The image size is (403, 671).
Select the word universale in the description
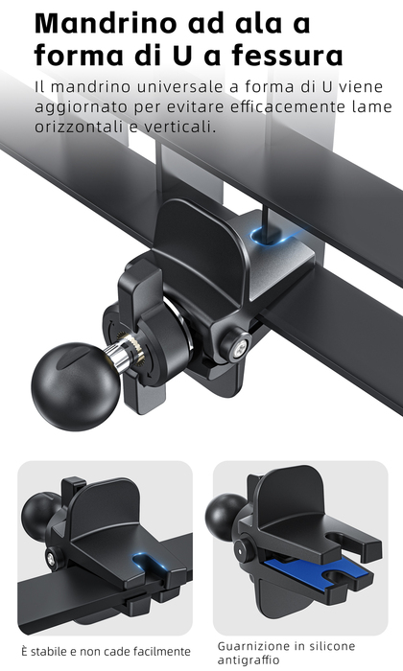(181, 87)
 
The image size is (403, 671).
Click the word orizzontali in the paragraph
(82, 127)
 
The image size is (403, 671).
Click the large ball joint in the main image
(75, 386)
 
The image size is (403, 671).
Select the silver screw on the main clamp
(239, 344)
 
